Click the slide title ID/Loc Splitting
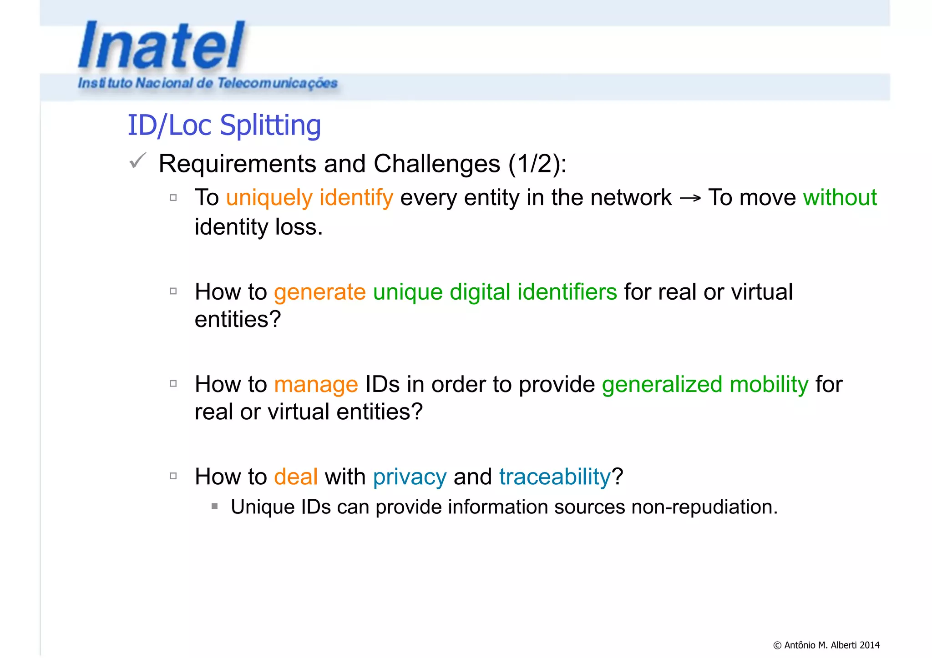(x=224, y=125)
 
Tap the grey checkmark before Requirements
(x=137, y=161)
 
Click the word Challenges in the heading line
(x=436, y=164)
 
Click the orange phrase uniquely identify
(x=309, y=198)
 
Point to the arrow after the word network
(x=690, y=198)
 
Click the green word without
(x=840, y=197)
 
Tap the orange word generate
(x=319, y=292)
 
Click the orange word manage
(x=316, y=385)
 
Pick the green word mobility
(x=769, y=384)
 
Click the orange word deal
(x=295, y=477)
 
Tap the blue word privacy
(x=410, y=477)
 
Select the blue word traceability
(x=555, y=477)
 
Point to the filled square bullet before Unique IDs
(x=215, y=506)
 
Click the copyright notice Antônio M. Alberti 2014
(x=826, y=645)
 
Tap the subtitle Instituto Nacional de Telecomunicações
(x=208, y=83)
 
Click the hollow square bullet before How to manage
(x=173, y=384)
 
